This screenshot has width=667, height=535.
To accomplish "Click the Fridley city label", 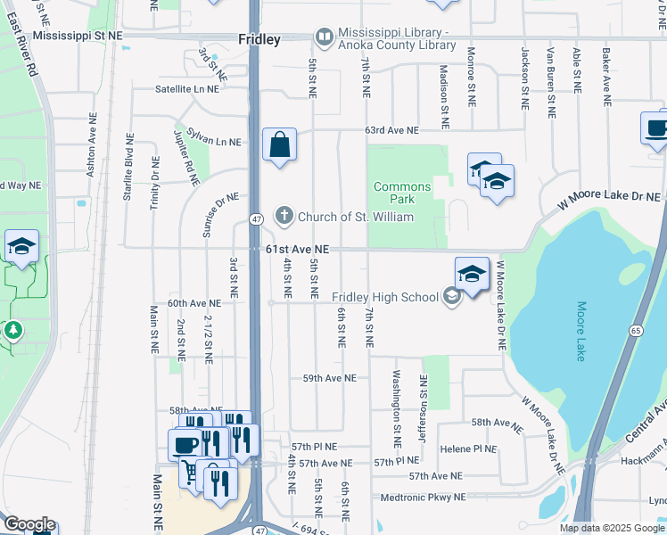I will click(259, 39).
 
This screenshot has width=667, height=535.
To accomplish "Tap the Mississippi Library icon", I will click(323, 37).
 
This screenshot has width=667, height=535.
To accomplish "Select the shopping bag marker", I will click(280, 144).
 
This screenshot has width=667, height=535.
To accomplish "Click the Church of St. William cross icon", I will click(284, 215).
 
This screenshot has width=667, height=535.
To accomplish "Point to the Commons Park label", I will click(402, 193).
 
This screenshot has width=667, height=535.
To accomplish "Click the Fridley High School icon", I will click(451, 297).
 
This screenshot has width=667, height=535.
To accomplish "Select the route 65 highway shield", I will click(635, 330).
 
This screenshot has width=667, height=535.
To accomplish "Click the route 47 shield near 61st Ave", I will click(255, 219).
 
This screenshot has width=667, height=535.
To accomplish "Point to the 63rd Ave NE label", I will click(391, 130).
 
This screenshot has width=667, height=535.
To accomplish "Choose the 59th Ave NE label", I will click(329, 378).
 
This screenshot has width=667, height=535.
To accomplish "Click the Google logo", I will click(29, 524).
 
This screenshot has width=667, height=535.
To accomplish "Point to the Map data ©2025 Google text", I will click(611, 528).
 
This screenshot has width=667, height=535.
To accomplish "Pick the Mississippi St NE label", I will click(78, 36).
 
